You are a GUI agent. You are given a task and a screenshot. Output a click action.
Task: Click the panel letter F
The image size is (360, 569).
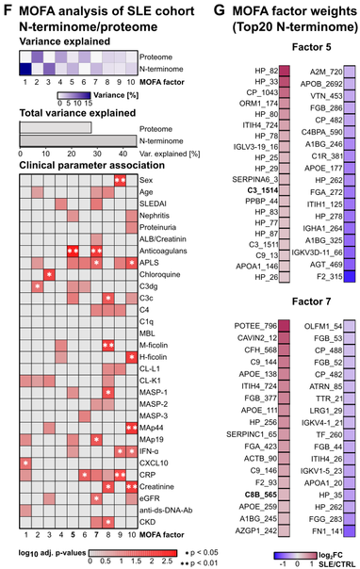7,8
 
